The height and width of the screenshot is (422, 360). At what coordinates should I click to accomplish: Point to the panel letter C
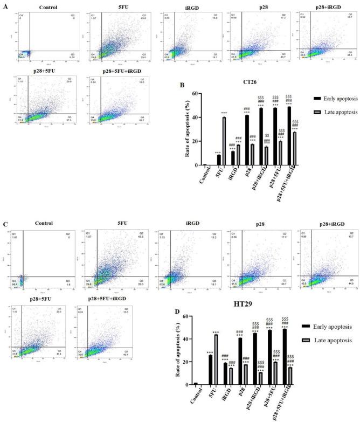pos(5,220)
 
